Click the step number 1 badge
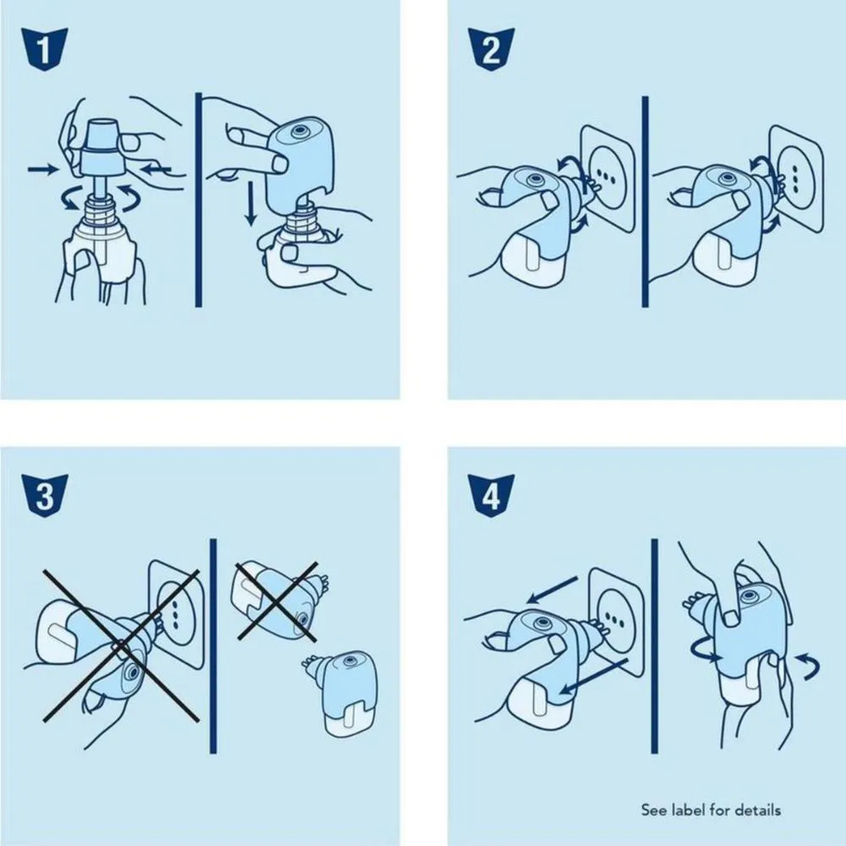click(x=44, y=49)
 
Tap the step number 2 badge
click(x=491, y=49)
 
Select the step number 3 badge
click(x=44, y=496)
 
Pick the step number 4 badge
click(x=491, y=496)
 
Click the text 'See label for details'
click(x=711, y=810)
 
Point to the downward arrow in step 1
click(x=250, y=203)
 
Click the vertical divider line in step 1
click(x=199, y=201)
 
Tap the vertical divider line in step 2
click(x=645, y=202)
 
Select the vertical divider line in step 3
click(x=212, y=645)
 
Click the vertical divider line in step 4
click(x=655, y=645)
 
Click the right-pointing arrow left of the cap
click(x=42, y=169)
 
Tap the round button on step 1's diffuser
click(x=299, y=131)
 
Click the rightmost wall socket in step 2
click(x=796, y=179)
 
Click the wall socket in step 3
click(x=176, y=614)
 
